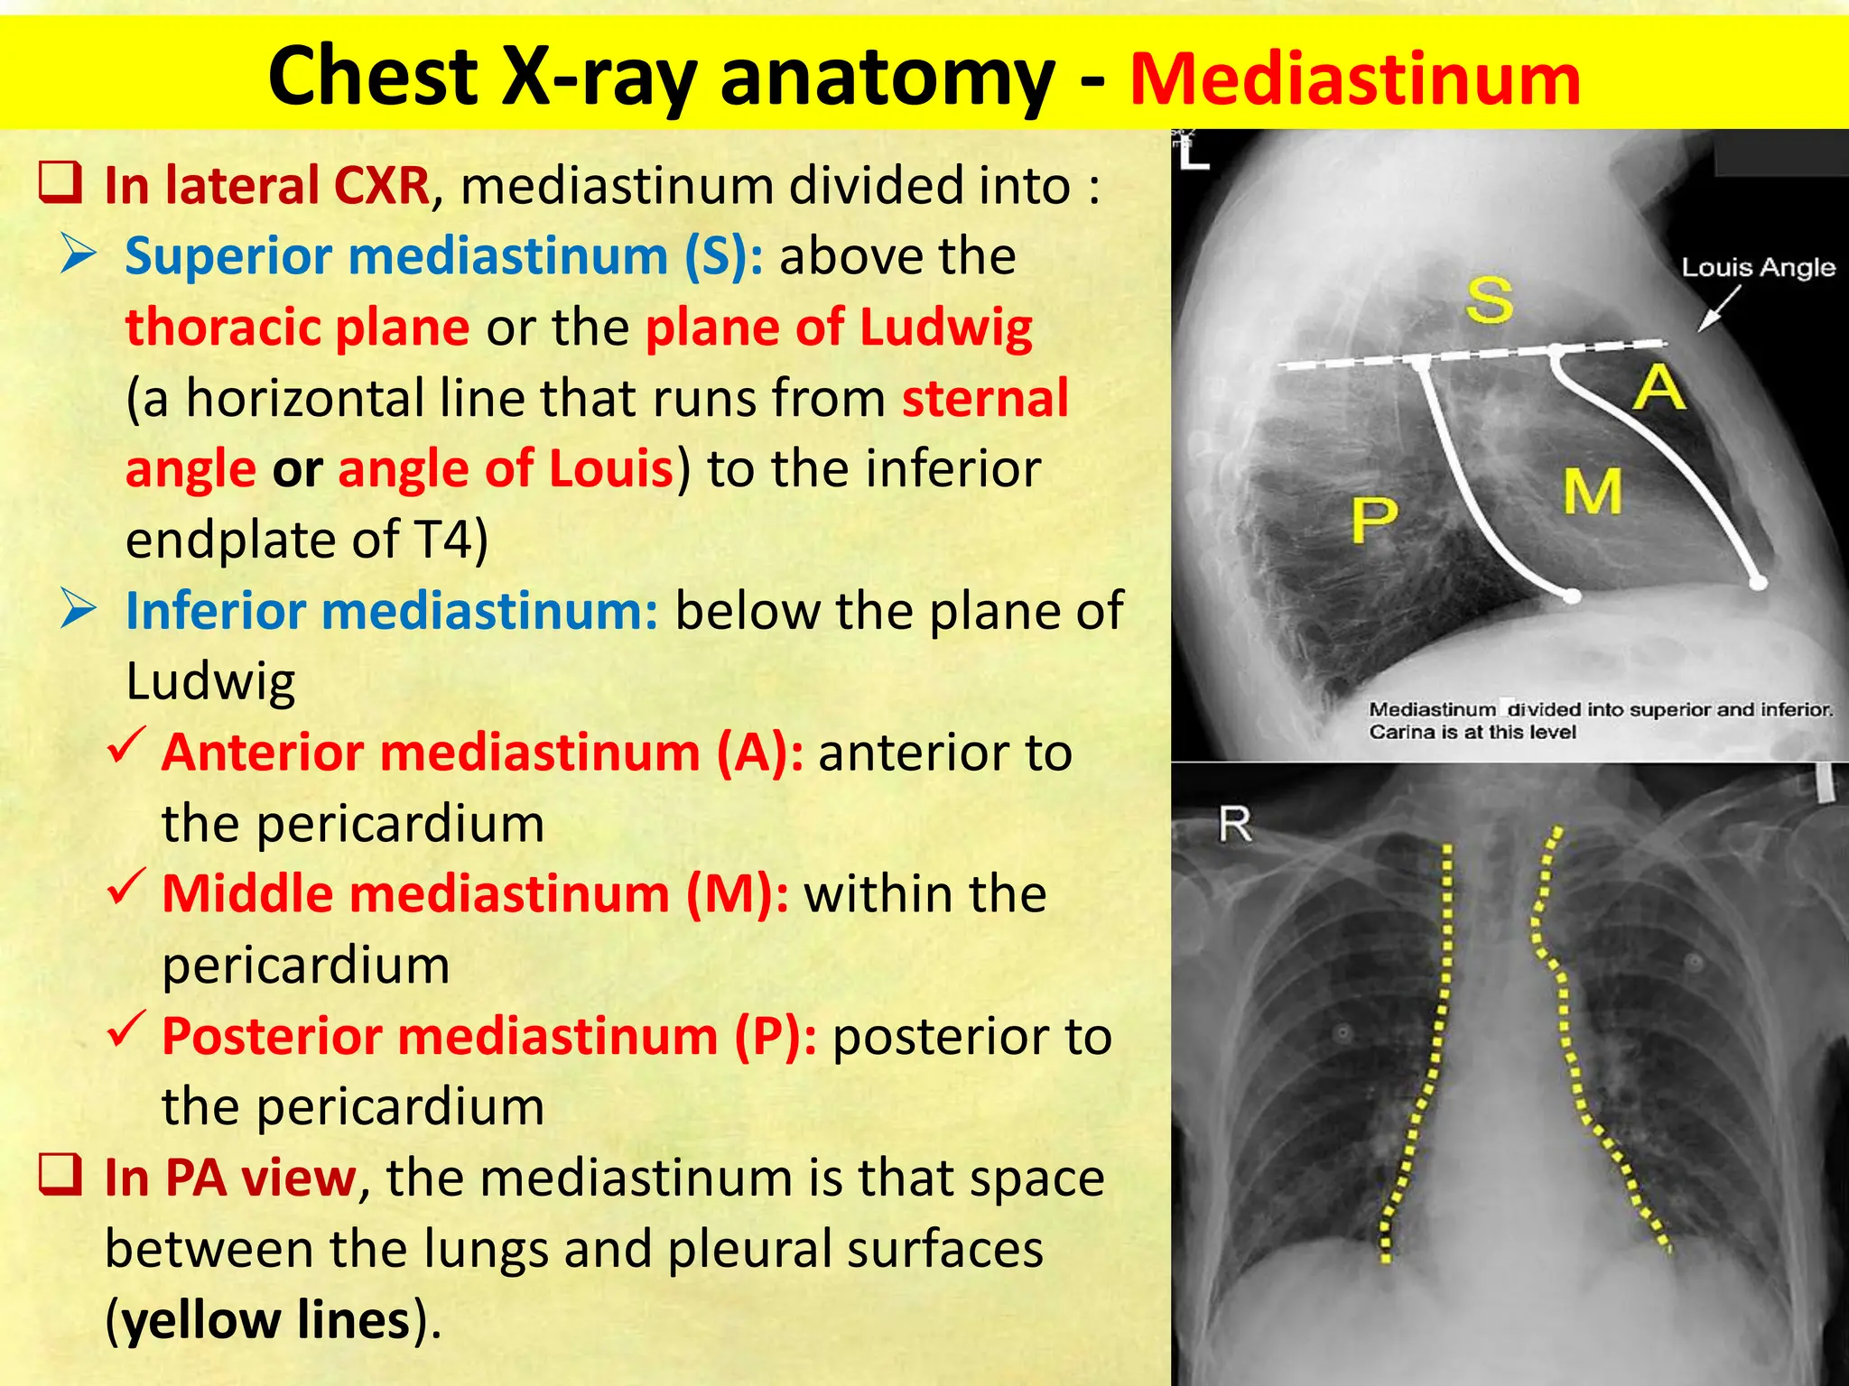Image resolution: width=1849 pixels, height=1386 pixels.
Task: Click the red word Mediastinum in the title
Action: tap(1354, 79)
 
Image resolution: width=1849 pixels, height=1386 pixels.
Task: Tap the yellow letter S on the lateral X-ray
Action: tap(1489, 300)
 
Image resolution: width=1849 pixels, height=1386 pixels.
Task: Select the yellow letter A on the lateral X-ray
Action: tap(1659, 388)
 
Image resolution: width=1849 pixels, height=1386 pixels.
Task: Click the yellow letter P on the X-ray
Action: tap(1375, 521)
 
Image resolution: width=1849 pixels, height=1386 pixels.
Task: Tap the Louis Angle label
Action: tap(1758, 267)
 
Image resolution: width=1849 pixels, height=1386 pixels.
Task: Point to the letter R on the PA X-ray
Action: tap(1235, 824)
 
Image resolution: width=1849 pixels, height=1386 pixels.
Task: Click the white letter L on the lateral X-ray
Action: tap(1194, 155)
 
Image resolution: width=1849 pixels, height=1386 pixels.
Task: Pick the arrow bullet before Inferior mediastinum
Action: tap(79, 609)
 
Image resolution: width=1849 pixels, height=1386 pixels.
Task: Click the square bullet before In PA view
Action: tap(60, 1174)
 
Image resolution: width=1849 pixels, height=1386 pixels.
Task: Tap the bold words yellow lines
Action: tap(267, 1319)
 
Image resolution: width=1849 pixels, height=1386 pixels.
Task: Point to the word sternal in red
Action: tap(985, 398)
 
